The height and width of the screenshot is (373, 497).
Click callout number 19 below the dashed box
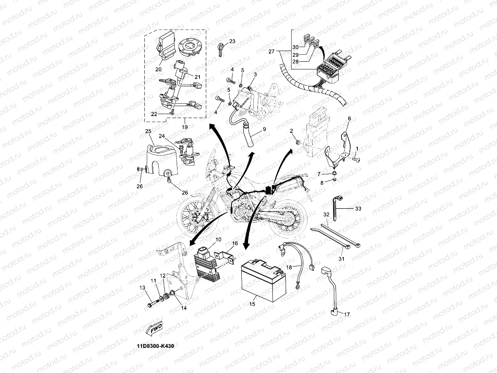(x=184, y=127)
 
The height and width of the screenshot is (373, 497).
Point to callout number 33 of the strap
(x=358, y=208)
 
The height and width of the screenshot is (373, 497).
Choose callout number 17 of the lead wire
(x=346, y=315)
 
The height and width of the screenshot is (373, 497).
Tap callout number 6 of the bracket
(x=349, y=118)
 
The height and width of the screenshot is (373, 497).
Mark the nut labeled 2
(x=298, y=142)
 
